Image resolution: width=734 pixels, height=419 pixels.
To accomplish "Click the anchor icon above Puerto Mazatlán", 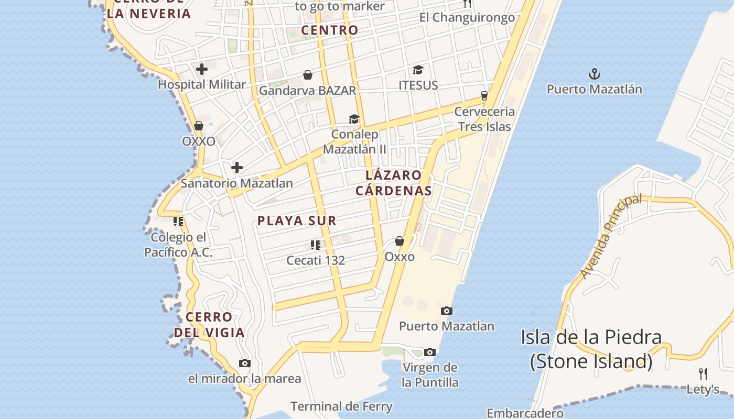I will point(594,73).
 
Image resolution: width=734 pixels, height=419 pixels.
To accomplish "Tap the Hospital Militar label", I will point(202,84).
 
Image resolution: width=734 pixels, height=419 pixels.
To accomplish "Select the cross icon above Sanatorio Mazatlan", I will point(237,168).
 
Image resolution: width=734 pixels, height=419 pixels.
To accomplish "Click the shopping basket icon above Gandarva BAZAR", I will point(308,75).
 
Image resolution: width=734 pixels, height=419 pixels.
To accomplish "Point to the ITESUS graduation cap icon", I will point(418,70).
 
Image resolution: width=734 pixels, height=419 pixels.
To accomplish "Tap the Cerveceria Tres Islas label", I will point(484,119).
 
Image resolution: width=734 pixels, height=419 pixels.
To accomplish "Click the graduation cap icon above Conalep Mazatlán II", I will point(354,119).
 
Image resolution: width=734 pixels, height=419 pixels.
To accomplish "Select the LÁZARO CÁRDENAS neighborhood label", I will point(394,183).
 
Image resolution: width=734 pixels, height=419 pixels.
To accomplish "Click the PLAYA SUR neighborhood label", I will point(297,220).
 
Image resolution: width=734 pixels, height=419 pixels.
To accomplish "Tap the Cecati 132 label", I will point(316,260).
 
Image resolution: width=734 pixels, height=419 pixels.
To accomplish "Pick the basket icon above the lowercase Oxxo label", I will point(400,241).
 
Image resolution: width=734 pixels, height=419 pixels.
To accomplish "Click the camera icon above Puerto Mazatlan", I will point(447,311).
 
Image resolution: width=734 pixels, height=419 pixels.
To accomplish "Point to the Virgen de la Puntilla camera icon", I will point(430,352).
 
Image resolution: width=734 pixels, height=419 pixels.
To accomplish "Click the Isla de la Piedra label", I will point(591,349).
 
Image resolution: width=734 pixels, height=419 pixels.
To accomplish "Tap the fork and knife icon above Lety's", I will point(703,373).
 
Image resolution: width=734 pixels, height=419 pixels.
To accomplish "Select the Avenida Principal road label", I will point(611,236).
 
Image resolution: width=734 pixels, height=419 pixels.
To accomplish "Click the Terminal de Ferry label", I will point(341,406).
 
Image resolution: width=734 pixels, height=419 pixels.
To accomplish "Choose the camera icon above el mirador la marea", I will point(245,363).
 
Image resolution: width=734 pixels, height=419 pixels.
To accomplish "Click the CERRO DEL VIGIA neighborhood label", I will point(209,324).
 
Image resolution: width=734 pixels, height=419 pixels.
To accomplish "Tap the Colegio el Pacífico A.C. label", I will point(179,245).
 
